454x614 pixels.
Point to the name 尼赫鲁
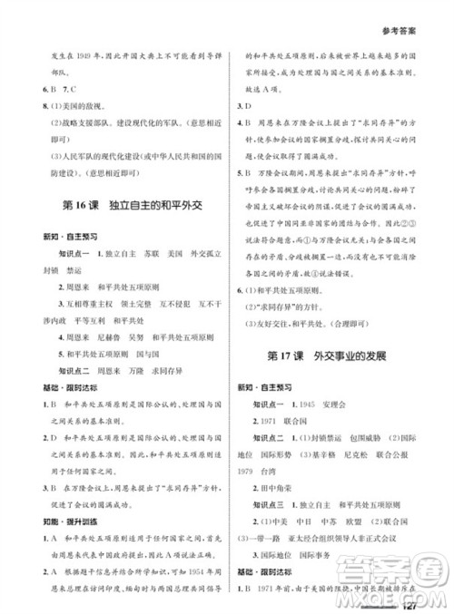click(102, 336)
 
